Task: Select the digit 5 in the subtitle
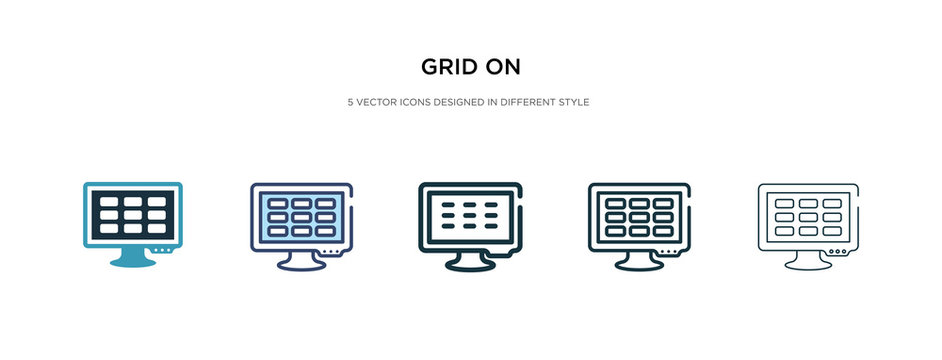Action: [x=349, y=102]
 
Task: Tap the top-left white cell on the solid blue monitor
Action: [x=109, y=200]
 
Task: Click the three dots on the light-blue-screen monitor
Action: [x=330, y=250]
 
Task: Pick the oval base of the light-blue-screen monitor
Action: [x=301, y=266]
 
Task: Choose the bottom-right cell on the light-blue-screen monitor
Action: [x=325, y=229]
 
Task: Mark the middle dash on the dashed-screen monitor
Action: [x=470, y=215]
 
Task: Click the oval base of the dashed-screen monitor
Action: [x=470, y=266]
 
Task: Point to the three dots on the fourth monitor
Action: [x=669, y=250]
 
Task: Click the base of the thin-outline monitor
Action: [x=809, y=266]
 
